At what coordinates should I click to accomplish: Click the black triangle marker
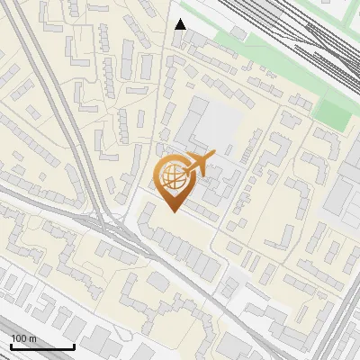180,24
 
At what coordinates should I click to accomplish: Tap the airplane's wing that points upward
201,155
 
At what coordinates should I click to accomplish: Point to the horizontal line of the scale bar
41,346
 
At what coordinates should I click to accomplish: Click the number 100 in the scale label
19,338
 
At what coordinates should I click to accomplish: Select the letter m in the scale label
31,338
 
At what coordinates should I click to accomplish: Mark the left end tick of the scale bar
11,345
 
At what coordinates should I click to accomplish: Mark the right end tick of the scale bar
73,345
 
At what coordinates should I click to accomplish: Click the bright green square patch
333,113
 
